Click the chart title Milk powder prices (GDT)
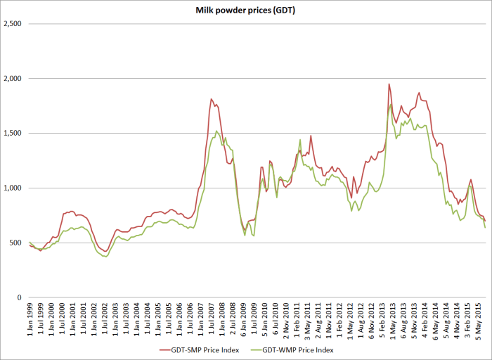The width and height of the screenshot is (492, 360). (x=246, y=11)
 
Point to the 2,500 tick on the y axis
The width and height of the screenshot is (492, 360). (x=13, y=24)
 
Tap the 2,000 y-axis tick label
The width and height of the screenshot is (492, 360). (x=13, y=79)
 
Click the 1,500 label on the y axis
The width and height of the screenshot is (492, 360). (x=13, y=134)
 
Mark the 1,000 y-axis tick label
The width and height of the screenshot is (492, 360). (x=13, y=188)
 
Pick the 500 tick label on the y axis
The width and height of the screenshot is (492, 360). (x=17, y=243)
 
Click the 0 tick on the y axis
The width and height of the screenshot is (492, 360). (x=21, y=298)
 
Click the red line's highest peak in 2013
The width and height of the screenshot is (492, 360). (x=389, y=84)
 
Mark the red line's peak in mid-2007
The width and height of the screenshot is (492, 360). (x=211, y=99)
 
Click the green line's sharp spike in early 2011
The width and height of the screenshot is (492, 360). (x=300, y=139)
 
